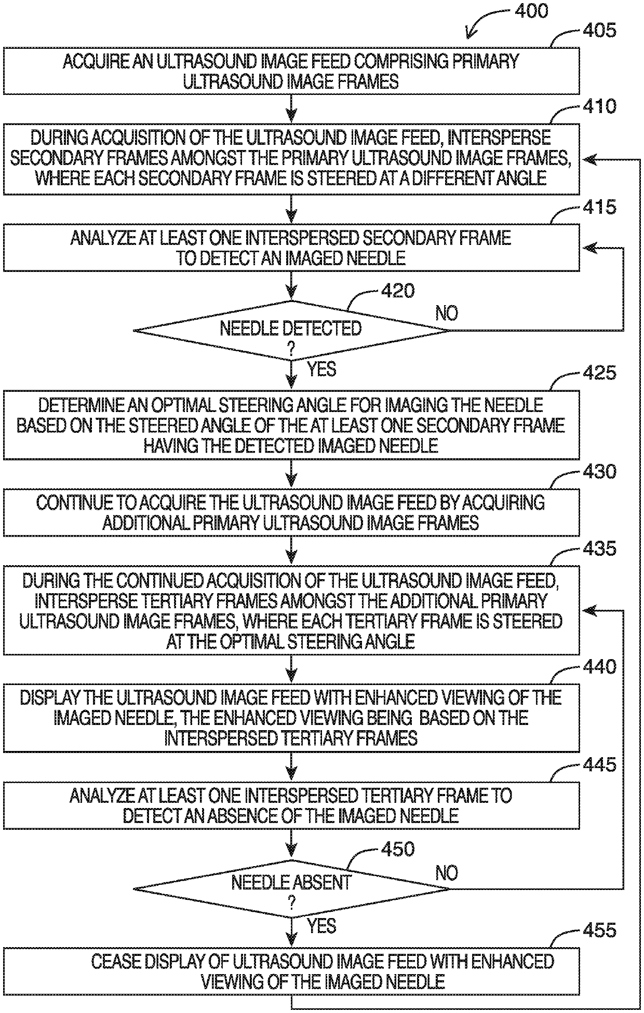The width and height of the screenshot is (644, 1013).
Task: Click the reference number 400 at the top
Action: [531, 11]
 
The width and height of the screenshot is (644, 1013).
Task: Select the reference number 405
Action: [599, 31]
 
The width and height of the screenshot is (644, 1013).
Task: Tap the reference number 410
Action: [599, 106]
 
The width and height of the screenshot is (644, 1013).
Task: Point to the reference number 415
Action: [599, 207]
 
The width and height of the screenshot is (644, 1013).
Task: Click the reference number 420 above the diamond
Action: [398, 291]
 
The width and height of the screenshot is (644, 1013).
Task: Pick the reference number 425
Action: [599, 373]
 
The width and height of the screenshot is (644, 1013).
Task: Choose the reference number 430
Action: [599, 472]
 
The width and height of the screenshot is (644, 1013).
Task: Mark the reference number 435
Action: [599, 548]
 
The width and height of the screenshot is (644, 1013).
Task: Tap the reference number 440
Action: [599, 666]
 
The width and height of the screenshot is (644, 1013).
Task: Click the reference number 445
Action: [599, 764]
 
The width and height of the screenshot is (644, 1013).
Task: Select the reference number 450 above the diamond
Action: [398, 849]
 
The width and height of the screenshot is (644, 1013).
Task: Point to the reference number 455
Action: [599, 930]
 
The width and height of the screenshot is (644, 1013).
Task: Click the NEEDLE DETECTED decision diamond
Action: [291, 330]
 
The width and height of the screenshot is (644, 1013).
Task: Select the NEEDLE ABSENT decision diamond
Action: [291, 888]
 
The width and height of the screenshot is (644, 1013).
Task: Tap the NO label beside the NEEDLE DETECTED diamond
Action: [447, 313]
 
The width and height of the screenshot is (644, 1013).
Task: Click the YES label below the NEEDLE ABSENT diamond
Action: [321, 926]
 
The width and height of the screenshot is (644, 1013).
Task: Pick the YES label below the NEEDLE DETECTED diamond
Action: [321, 369]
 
